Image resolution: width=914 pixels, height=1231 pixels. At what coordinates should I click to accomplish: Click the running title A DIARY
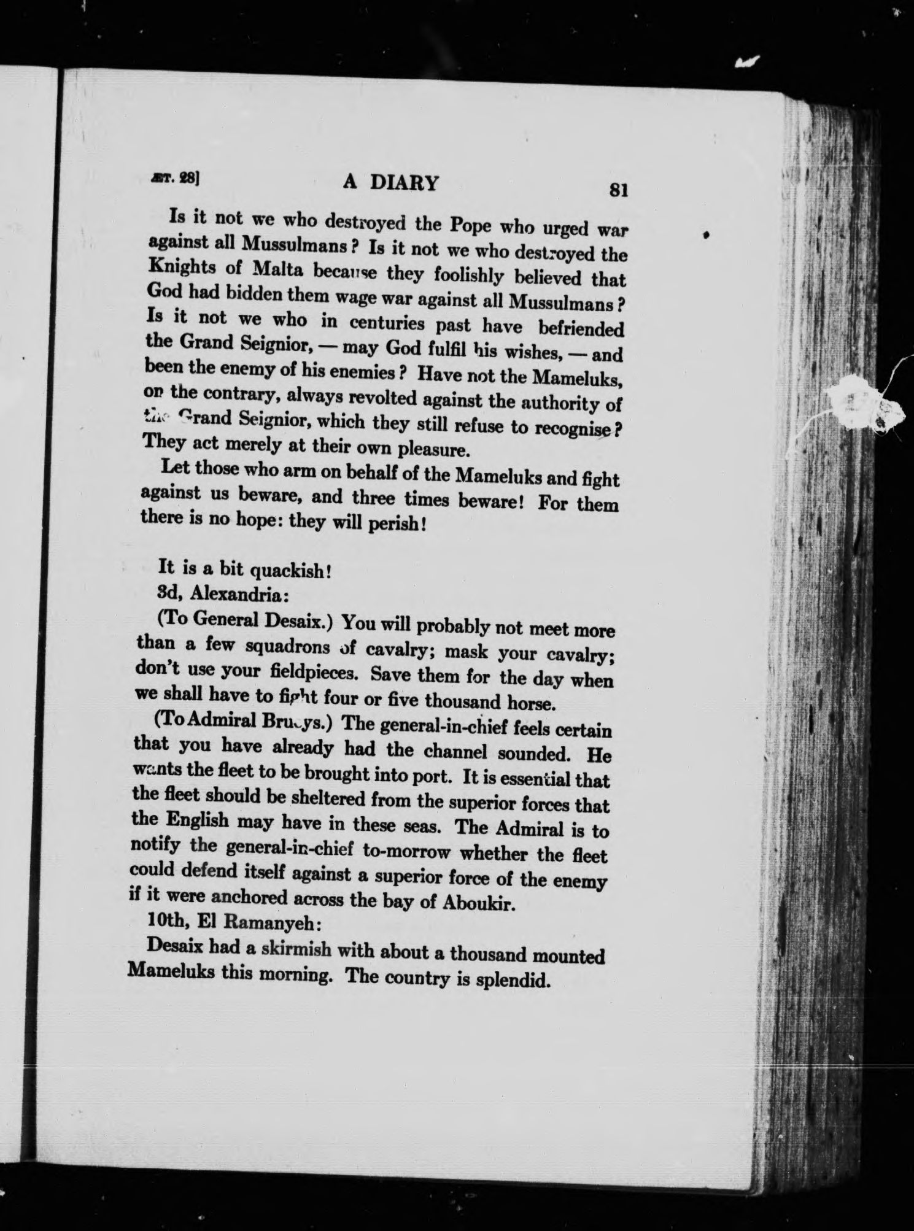pyautogui.click(x=390, y=183)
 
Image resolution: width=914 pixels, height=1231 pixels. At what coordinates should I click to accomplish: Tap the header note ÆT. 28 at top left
pyautogui.click(x=180, y=178)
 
